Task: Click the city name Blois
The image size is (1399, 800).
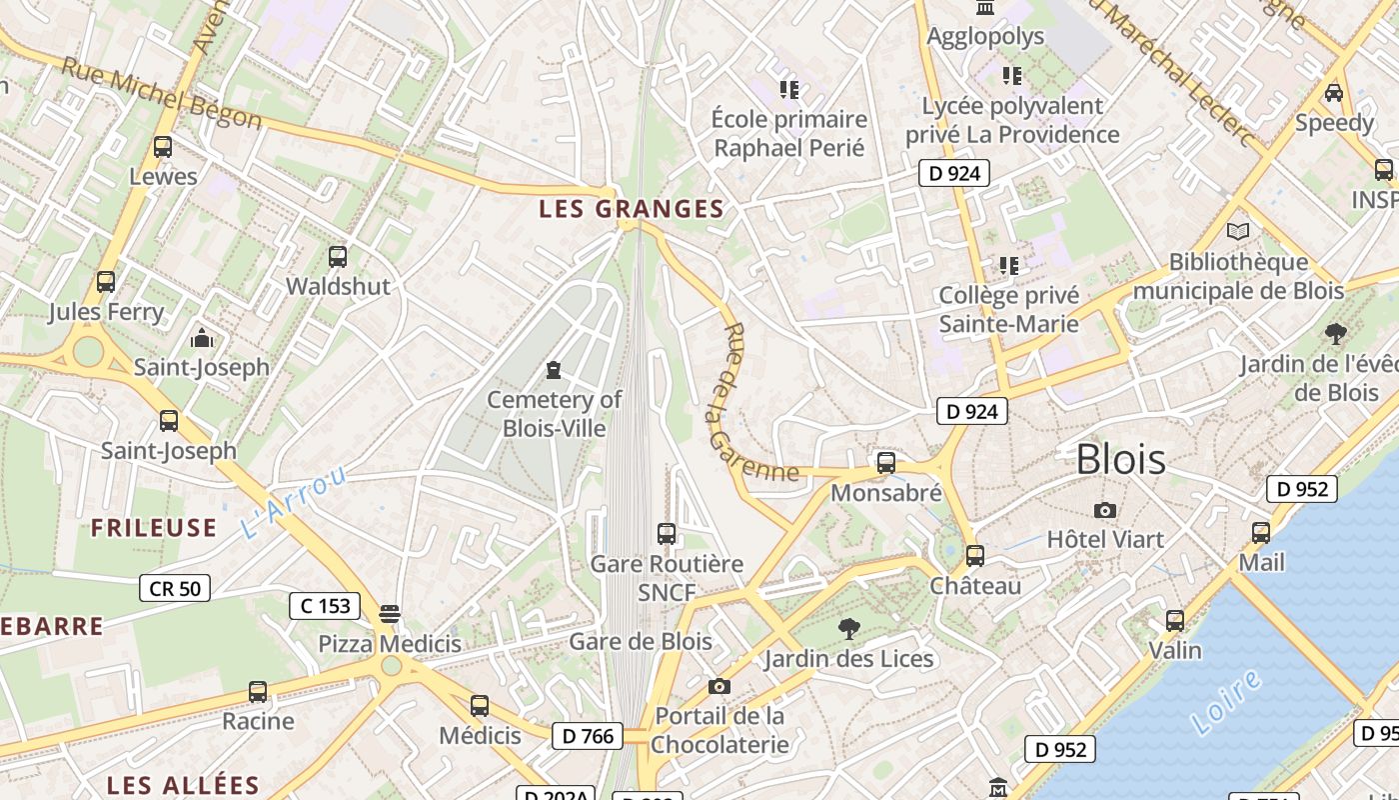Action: pos(1120,459)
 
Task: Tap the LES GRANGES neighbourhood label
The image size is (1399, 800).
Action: pos(631,209)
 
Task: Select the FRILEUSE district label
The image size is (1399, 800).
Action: pos(154,528)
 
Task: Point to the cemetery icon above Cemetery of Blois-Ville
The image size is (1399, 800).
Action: pos(553,371)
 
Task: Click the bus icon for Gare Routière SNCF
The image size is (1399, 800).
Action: pos(667,534)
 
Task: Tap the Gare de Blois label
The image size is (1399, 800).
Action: pos(641,641)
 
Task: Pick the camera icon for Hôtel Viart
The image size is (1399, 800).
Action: pos(1104,511)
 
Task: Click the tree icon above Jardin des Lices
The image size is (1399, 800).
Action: pos(848,629)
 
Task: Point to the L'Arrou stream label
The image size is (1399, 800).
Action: pos(293,502)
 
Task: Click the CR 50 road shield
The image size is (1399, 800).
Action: pos(175,588)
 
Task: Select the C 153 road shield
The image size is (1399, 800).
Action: pos(325,605)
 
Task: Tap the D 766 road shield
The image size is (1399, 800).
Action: pos(588,736)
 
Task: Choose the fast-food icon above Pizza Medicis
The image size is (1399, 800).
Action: pos(390,613)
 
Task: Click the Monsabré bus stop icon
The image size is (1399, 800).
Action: pos(885,463)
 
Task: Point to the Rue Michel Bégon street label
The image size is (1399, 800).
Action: pos(161,93)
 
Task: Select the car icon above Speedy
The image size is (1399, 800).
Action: pos(1333,93)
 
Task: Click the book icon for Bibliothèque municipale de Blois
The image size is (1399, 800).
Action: pos(1237,232)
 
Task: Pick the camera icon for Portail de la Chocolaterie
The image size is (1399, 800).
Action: pos(718,686)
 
